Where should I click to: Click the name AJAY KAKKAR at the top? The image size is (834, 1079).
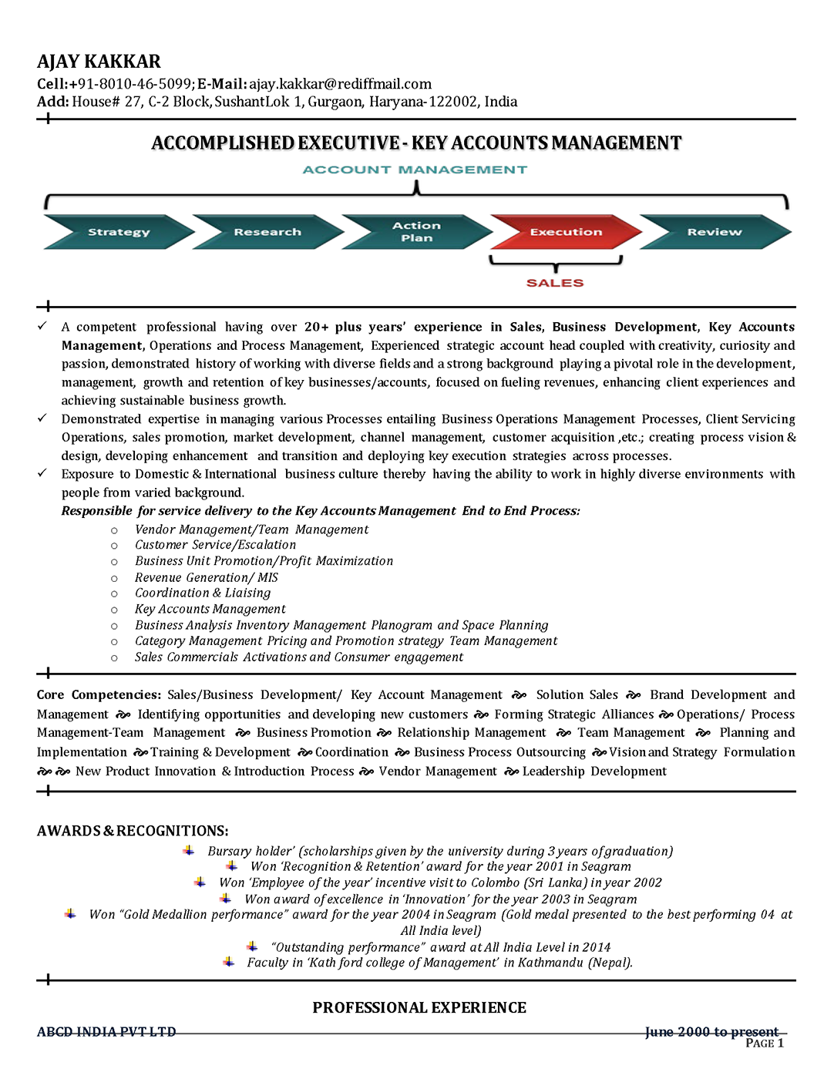tap(99, 62)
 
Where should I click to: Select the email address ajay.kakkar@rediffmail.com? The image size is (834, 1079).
tap(340, 84)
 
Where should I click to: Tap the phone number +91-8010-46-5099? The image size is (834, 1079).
tap(131, 84)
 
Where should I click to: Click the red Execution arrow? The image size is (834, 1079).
tap(565, 232)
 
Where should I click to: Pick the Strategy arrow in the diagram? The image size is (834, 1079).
tap(118, 232)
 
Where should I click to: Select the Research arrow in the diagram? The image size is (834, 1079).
tap(267, 232)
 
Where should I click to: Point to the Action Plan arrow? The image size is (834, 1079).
tap(416, 232)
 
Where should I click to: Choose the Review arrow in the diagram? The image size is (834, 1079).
tap(715, 232)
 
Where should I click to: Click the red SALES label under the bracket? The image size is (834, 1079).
tap(555, 283)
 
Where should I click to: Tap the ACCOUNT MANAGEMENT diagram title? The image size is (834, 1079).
tap(415, 170)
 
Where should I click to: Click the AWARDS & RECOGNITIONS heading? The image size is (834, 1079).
tap(133, 831)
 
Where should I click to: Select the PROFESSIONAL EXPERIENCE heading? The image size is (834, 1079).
tap(419, 1007)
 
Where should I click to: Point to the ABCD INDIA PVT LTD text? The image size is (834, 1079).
tap(106, 1032)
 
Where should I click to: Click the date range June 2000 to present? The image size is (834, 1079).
tap(711, 1032)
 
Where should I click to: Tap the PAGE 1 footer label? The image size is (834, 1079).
tap(765, 1044)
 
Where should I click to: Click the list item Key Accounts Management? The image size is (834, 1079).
tap(210, 609)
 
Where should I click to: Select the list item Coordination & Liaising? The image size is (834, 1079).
tap(203, 593)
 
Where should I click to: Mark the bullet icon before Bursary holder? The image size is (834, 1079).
tap(189, 850)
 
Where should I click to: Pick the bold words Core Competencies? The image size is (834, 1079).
tap(99, 695)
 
